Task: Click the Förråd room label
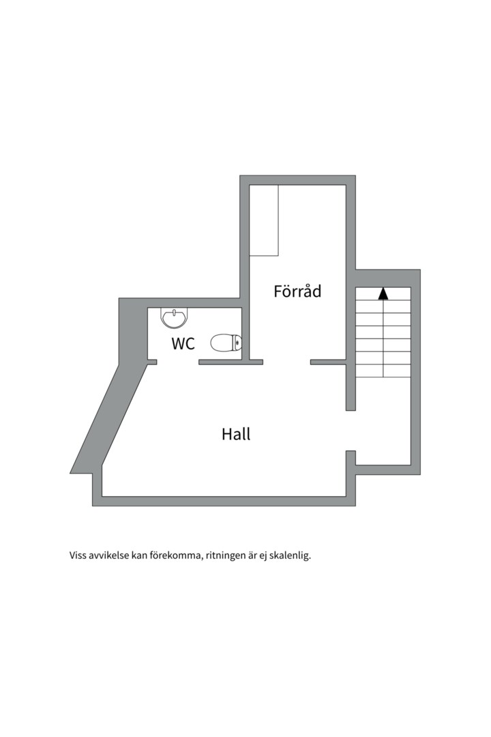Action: click(x=297, y=291)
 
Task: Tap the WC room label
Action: click(x=183, y=344)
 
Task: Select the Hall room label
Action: click(x=236, y=434)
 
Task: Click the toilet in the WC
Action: click(x=226, y=343)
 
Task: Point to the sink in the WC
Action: click(x=175, y=317)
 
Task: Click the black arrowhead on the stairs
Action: click(x=383, y=293)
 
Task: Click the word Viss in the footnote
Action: click(x=79, y=555)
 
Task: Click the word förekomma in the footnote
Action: click(x=175, y=555)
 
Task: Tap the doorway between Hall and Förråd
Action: click(x=286, y=362)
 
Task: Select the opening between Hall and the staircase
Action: click(x=351, y=431)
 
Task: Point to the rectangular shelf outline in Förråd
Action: click(x=264, y=220)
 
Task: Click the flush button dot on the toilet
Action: click(x=237, y=343)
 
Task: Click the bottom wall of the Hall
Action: click(x=225, y=501)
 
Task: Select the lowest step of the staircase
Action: click(x=383, y=371)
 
